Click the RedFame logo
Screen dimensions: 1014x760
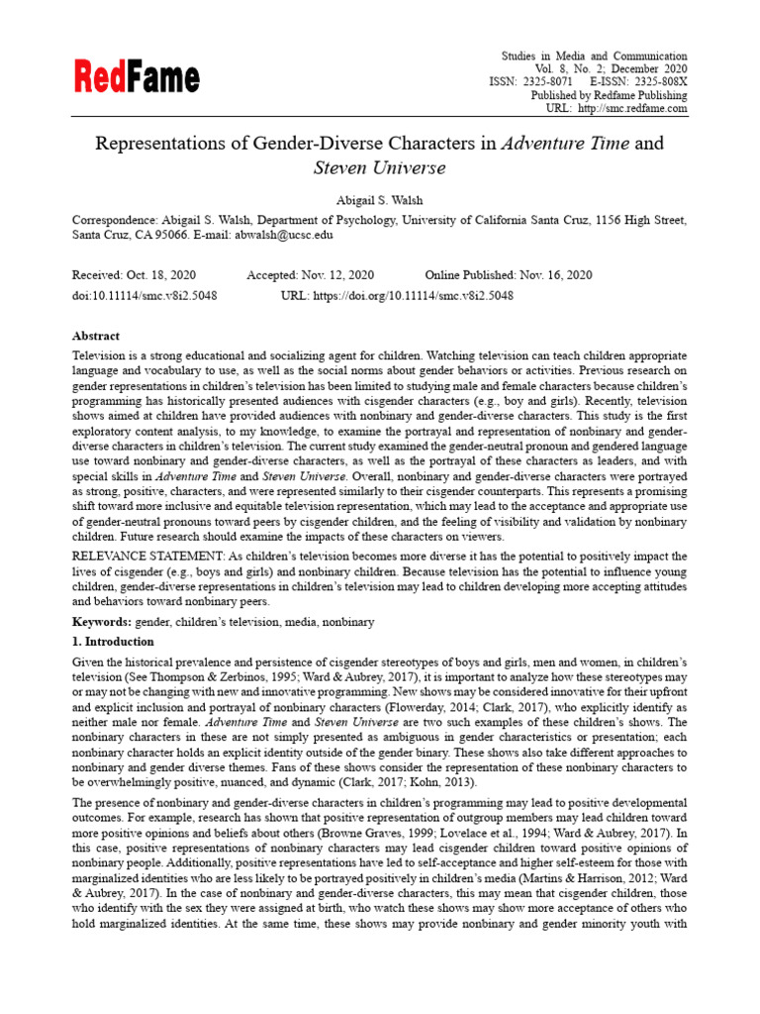point(137,76)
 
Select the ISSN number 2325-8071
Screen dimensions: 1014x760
point(545,82)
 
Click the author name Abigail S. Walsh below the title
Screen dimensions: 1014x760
point(379,200)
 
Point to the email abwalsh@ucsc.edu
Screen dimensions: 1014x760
point(283,236)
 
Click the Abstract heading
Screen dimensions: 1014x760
point(96,336)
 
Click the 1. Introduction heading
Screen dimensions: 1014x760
point(113,642)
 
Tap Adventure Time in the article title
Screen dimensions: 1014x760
point(564,144)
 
